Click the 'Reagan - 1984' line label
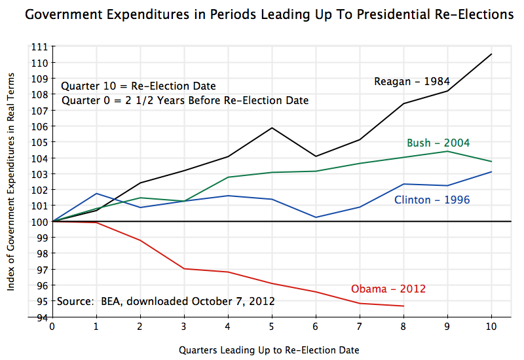click(x=411, y=82)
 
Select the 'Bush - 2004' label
click(x=438, y=143)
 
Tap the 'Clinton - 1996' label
click(x=432, y=200)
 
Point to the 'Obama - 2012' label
click(x=388, y=289)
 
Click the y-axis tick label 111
click(x=41, y=46)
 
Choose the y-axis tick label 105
click(x=41, y=142)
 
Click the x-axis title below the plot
click(x=269, y=350)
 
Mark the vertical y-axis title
click(x=11, y=181)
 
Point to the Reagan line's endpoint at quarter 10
click(x=491, y=54)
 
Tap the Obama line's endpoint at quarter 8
click(x=403, y=306)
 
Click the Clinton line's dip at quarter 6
click(x=316, y=217)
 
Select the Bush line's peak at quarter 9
click(x=447, y=151)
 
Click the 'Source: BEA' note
click(x=166, y=302)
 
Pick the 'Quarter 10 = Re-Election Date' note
click(x=138, y=86)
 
